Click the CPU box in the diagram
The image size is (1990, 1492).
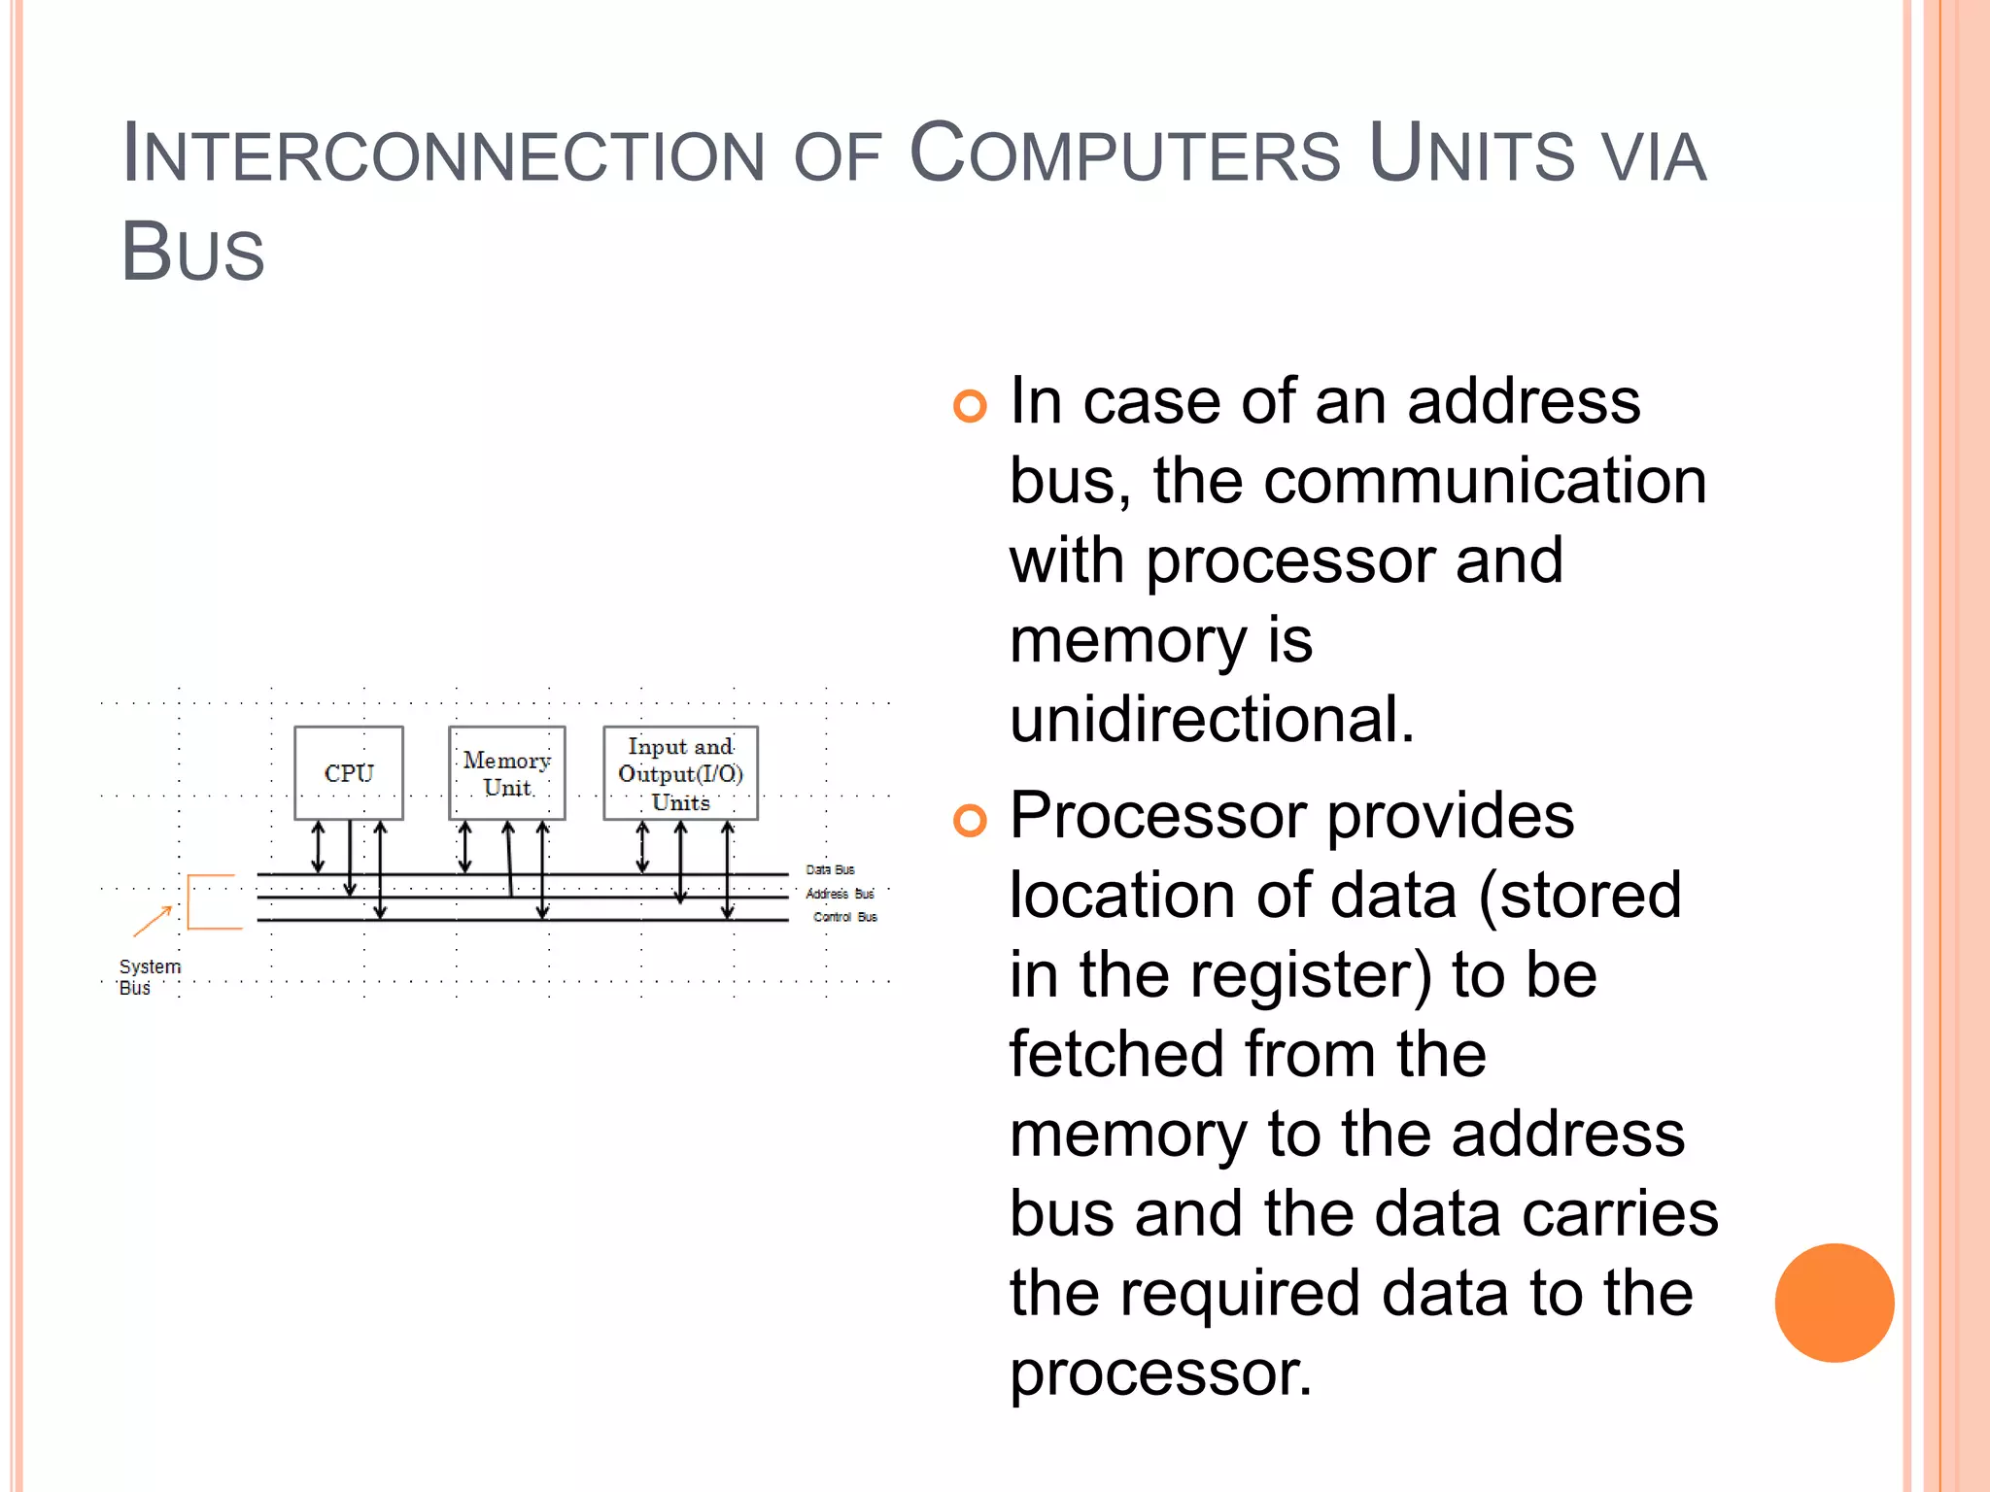coord(348,773)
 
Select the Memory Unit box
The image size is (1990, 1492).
coord(506,773)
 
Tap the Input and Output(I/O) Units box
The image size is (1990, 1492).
coord(680,773)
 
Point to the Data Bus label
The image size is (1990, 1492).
coord(830,869)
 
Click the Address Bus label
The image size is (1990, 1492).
coord(840,894)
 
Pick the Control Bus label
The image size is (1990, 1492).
coord(844,917)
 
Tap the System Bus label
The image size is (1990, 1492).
coord(149,977)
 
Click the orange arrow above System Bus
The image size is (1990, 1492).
coord(153,921)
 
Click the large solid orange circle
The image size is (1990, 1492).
coord(1834,1303)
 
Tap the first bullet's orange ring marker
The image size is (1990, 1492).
coord(970,405)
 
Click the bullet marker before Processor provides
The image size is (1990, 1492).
coord(970,820)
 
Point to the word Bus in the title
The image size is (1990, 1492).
coord(192,253)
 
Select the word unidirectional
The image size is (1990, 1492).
coord(1211,720)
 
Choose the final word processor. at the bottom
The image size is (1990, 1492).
coord(1160,1373)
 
